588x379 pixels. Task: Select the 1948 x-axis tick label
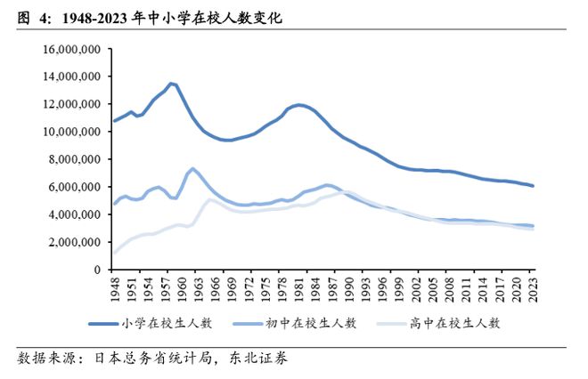114,289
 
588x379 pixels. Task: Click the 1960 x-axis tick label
181,289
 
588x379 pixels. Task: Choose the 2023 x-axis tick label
533,289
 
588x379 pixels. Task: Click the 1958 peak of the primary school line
170,84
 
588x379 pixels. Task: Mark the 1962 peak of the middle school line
192,168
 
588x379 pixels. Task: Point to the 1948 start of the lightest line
114,253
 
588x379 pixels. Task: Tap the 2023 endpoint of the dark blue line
533,185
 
